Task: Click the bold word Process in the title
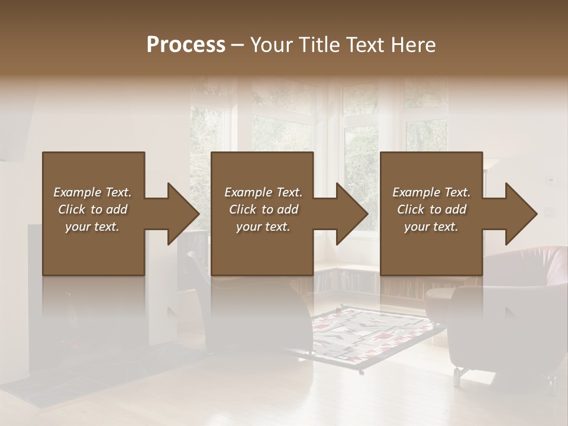tap(186, 44)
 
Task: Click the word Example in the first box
tap(76, 192)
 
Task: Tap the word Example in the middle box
tap(247, 192)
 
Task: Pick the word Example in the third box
tap(415, 192)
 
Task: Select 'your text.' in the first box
tap(92, 227)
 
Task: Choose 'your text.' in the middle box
tap(263, 227)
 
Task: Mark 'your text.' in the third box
tap(431, 227)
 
